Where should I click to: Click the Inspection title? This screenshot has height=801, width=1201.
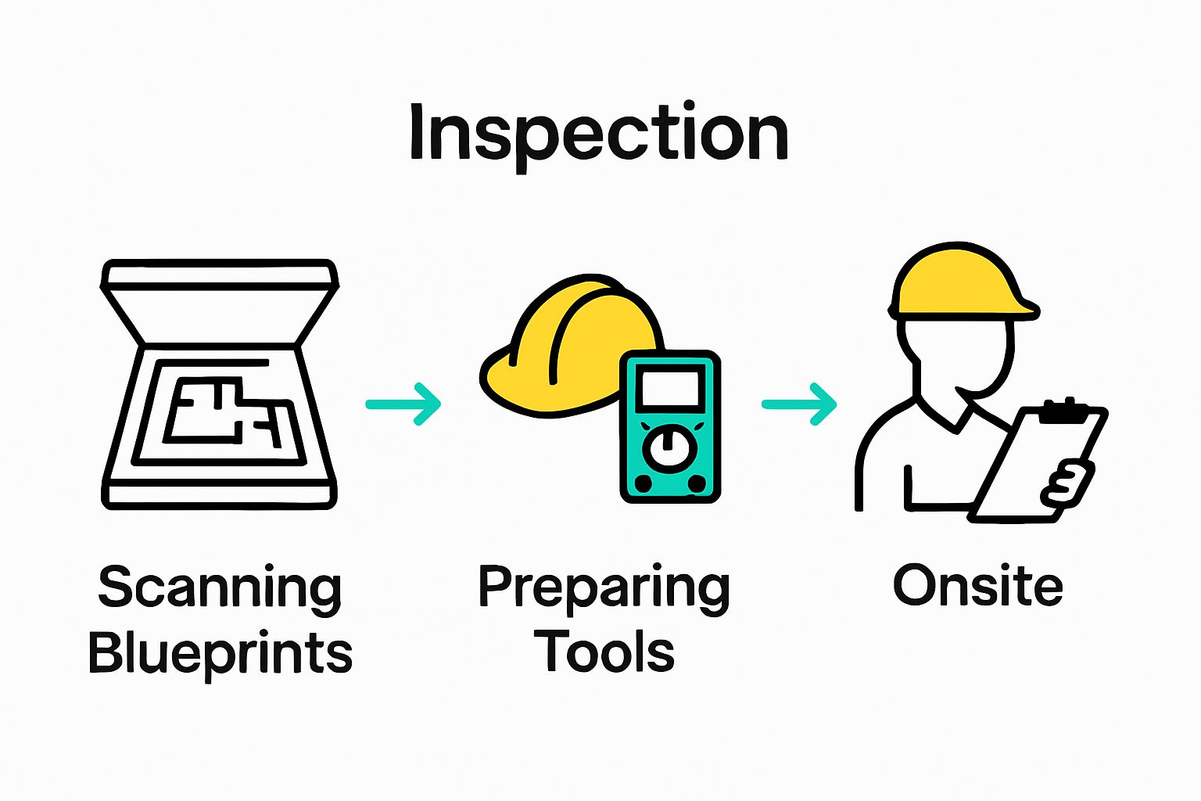pos(598,133)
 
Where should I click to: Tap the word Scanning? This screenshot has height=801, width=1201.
pos(220,588)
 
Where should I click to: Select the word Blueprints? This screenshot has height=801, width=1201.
pos(220,653)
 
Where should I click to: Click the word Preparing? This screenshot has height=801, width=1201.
pos(604,588)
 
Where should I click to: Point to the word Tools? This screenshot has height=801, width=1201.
pos(604,652)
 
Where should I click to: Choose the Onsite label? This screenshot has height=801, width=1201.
pos(977,586)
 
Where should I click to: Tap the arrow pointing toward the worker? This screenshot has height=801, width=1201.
pos(800,404)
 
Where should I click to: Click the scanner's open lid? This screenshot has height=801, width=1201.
pos(220,276)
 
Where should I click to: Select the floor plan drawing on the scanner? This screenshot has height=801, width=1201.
pos(223,411)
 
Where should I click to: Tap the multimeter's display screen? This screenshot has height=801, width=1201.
pos(669,389)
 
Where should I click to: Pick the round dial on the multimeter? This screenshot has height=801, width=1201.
pos(669,448)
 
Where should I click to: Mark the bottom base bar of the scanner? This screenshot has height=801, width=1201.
pos(220,496)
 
